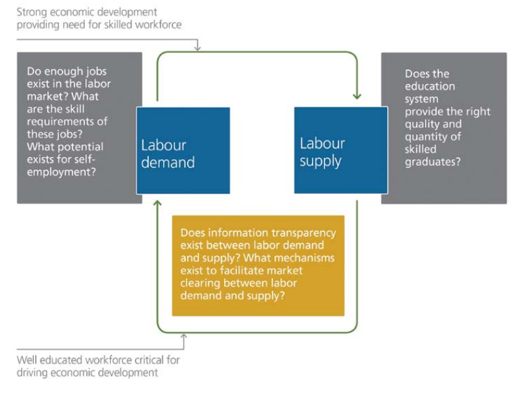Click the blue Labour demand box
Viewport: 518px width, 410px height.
183,151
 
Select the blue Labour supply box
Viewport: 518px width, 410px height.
341,150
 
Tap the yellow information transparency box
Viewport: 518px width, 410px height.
259,265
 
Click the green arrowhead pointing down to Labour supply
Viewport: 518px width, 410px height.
357,96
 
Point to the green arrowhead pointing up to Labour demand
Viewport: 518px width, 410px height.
158,203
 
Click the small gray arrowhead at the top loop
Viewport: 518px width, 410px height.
197,48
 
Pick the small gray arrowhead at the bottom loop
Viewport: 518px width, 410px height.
184,336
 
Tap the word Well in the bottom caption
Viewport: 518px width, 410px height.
26,360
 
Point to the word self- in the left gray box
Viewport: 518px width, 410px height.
83,159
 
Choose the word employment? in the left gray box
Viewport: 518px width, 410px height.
62,172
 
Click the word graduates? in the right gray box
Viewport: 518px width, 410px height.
432,163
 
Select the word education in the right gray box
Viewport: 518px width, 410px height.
430,86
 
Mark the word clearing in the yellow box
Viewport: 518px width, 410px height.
200,283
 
